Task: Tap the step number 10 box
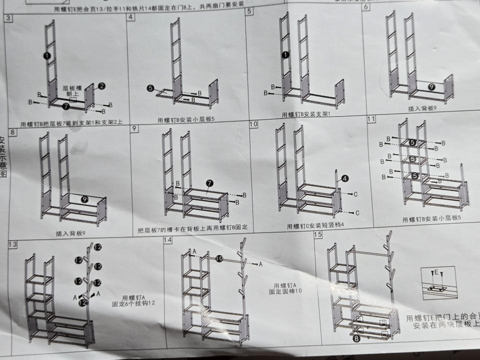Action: (x=253, y=123)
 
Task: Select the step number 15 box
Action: (x=317, y=234)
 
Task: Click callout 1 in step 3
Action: (x=46, y=56)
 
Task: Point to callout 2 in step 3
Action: (x=101, y=86)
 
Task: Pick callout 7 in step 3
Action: (x=66, y=106)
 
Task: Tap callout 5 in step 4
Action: (x=150, y=88)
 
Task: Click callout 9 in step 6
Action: (x=431, y=86)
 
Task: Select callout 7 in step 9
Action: (x=209, y=183)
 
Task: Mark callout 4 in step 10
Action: (x=345, y=178)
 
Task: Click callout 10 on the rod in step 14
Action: (x=219, y=258)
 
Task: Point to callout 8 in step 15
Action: (x=356, y=338)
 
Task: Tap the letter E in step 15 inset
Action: (x=435, y=272)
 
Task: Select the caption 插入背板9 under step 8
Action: (x=71, y=233)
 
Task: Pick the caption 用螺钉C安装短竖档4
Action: (x=316, y=226)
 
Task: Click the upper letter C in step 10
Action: (x=354, y=194)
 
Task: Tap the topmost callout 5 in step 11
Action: (x=412, y=142)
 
